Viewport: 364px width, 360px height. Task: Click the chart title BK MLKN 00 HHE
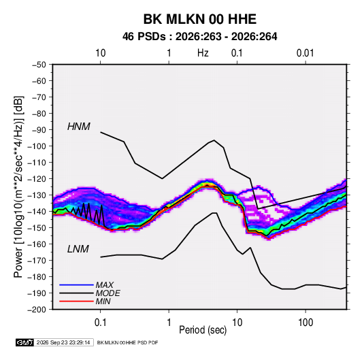[x=199, y=19]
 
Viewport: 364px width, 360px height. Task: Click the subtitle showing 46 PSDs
[x=199, y=37]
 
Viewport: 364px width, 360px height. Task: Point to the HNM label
[x=79, y=127]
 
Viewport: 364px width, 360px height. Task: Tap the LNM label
[x=78, y=249]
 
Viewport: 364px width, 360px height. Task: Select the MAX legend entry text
[x=105, y=285]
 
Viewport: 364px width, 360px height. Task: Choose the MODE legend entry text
[x=107, y=293]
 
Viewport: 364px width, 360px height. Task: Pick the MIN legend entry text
[x=103, y=301]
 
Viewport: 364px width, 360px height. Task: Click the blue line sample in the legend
[x=76, y=285]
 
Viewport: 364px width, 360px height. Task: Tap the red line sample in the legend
[x=76, y=301]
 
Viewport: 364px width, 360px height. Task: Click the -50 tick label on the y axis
[x=39, y=65]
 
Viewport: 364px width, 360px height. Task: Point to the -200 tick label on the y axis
[x=37, y=310]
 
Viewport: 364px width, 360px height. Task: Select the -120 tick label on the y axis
[x=37, y=179]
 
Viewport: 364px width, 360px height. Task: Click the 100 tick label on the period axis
[x=305, y=323]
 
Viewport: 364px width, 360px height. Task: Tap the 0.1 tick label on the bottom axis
[x=100, y=323]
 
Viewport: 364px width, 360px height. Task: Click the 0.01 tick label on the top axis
[x=305, y=53]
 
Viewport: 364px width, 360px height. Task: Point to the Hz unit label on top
[x=203, y=53]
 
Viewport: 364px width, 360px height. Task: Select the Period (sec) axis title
[x=203, y=330]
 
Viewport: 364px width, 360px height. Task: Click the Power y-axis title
[x=18, y=187]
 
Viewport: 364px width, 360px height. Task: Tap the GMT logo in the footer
[x=25, y=342]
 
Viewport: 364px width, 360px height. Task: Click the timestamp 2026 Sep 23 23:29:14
[x=63, y=342]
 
